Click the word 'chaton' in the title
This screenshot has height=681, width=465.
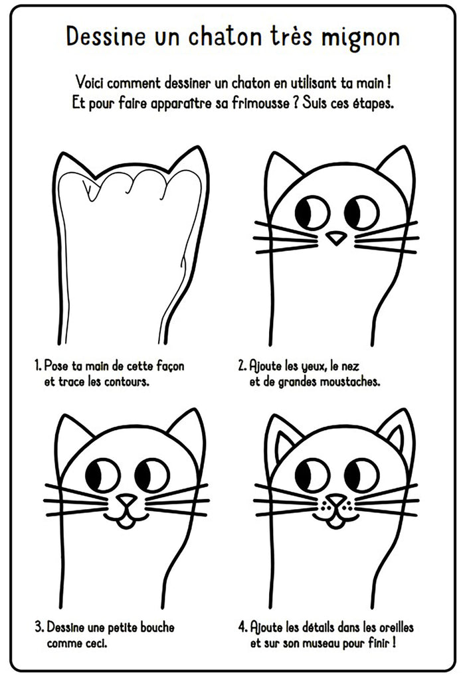tap(224, 36)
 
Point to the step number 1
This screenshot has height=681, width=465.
tap(38, 366)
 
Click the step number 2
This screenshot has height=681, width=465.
tap(242, 366)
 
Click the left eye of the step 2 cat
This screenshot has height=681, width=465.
tap(312, 213)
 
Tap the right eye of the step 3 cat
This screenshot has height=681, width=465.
tap(151, 475)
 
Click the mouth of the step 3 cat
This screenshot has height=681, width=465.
tap(126, 518)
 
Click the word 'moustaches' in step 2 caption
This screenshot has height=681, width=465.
tap(349, 382)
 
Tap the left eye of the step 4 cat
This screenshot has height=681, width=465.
tap(312, 475)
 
